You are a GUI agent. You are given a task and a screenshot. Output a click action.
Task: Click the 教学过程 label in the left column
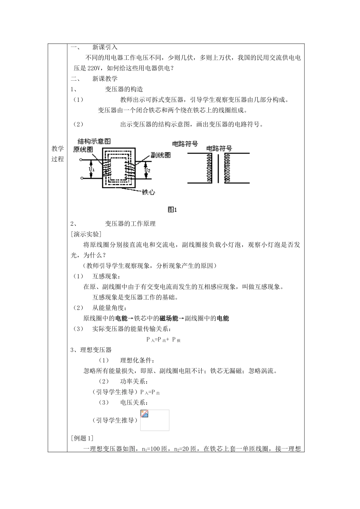(58, 153)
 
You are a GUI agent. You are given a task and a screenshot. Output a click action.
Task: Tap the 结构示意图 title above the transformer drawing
(94, 141)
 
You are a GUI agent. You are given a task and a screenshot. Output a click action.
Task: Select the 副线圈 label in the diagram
(160, 155)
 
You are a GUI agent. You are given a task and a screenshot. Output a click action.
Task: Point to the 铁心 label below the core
(148, 192)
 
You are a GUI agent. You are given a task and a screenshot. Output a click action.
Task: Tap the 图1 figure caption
(172, 209)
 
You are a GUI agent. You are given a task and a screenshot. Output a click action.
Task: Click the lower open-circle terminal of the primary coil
(81, 178)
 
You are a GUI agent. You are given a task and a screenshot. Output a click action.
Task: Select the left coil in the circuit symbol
(208, 169)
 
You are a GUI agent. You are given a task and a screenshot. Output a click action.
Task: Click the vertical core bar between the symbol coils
(218, 168)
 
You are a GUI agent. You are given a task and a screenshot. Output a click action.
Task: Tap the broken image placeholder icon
(144, 414)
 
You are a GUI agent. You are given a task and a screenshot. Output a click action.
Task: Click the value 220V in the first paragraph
(95, 68)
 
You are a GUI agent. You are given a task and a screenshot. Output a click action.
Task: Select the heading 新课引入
(105, 47)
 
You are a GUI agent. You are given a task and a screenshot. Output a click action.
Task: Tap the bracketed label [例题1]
(82, 438)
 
